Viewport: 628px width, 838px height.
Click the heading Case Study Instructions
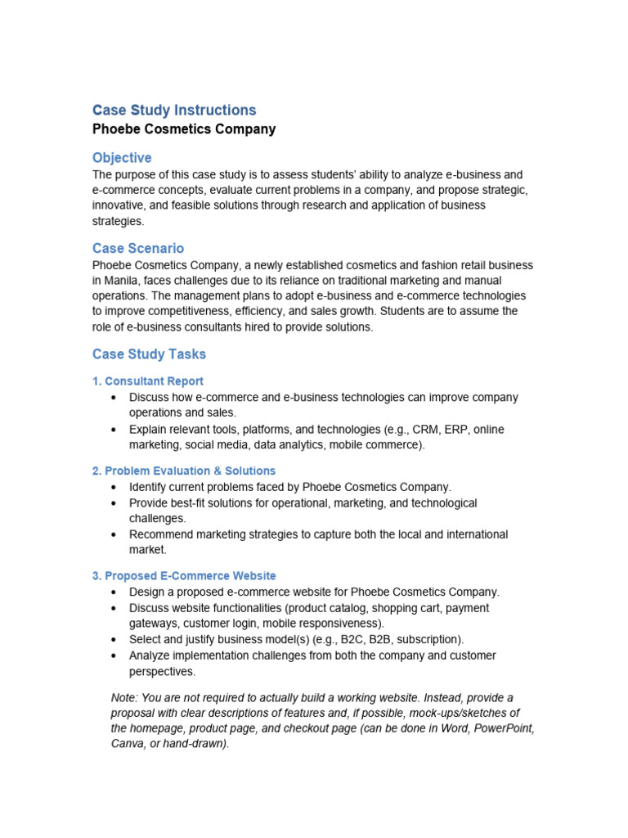[174, 110]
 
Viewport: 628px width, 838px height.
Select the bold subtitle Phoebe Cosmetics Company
[184, 129]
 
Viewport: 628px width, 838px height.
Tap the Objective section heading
[122, 157]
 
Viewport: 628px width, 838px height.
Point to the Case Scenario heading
[138, 248]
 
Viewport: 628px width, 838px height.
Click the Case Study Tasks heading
[149, 354]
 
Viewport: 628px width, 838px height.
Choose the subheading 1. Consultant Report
[148, 381]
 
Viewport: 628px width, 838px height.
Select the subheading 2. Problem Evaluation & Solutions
[184, 471]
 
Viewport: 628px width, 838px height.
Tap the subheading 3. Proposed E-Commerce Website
[184, 576]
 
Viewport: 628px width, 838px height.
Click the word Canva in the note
[128, 744]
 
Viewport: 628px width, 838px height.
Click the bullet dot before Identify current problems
[112, 487]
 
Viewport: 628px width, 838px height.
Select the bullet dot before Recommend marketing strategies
[112, 534]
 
